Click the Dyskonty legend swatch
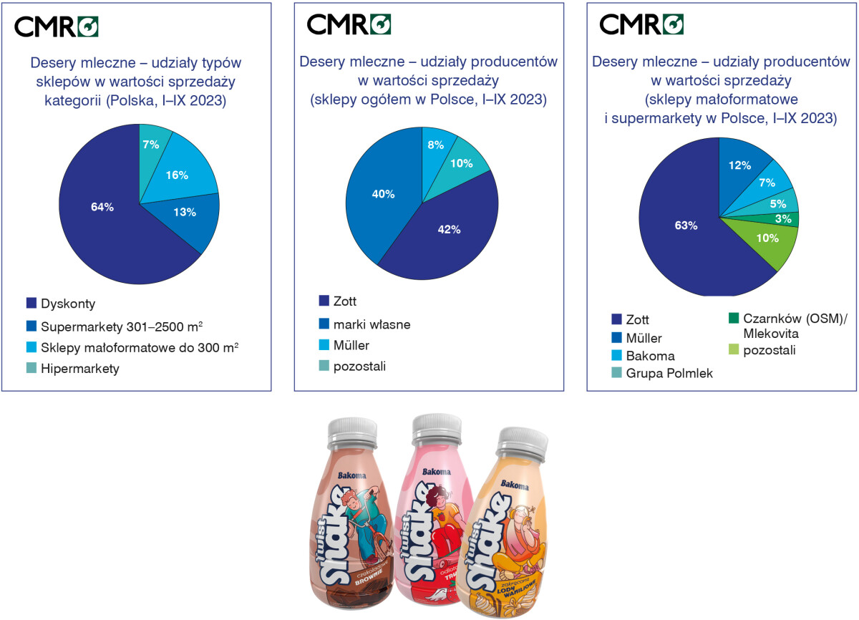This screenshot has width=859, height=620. coord(31,303)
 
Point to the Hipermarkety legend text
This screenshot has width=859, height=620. coord(80,369)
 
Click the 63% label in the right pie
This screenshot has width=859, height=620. coord(686,226)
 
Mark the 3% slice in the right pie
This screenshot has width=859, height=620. coord(784,219)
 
